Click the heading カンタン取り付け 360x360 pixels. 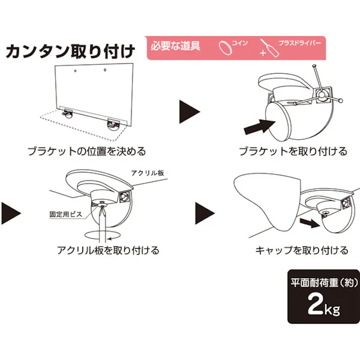(70, 52)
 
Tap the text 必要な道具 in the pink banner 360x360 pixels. (175, 46)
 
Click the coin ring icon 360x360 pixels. (225, 47)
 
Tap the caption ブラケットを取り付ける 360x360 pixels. (293, 151)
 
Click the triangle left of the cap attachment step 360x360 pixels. (204, 212)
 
